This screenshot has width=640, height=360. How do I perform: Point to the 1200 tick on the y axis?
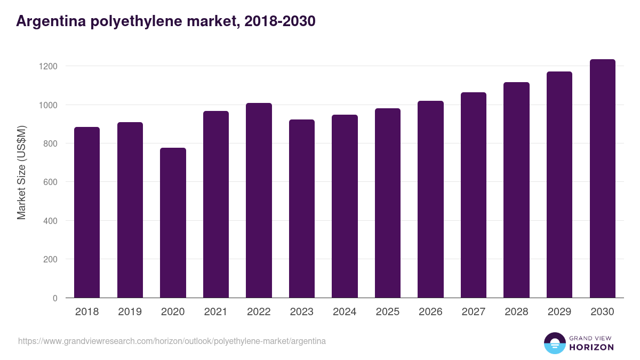point(47,66)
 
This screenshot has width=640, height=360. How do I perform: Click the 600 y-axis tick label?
point(50,182)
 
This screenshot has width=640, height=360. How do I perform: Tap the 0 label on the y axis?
point(55,298)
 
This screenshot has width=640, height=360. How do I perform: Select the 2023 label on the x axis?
point(302,312)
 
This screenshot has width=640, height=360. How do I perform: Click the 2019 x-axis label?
point(130,312)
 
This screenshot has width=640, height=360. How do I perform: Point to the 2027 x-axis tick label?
point(474,312)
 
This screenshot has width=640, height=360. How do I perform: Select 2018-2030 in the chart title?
point(277,21)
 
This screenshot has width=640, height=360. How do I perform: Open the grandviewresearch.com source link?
point(172,341)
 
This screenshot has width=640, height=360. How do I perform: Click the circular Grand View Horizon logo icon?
point(555,343)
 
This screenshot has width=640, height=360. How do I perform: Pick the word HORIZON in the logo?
point(591,347)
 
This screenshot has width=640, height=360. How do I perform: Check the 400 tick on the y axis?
point(50,221)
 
